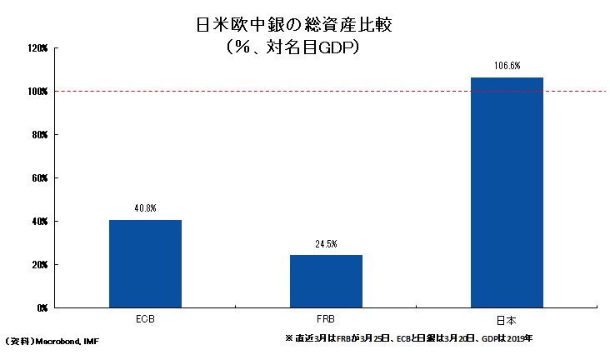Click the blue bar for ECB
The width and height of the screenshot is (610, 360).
145,264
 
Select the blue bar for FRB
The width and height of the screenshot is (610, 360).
326,282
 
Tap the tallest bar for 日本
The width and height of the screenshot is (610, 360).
507,192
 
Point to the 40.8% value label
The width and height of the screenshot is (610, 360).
146,208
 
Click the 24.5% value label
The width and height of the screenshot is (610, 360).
326,244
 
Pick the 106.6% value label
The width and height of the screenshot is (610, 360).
507,66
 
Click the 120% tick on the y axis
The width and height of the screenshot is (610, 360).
37,48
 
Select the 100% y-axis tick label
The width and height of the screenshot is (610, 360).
37,92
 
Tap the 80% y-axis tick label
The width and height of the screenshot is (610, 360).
40,135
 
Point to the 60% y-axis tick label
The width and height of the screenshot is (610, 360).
40,177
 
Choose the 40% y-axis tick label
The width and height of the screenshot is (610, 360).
40,222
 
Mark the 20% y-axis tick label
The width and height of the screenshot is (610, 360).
40,265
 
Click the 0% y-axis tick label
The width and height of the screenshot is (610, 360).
42,307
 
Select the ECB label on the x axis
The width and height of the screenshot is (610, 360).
146,319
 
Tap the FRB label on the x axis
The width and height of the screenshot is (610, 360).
326,319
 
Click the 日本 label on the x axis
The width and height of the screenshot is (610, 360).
507,320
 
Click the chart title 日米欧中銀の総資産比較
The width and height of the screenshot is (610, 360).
294,25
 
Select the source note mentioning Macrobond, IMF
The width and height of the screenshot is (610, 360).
52,342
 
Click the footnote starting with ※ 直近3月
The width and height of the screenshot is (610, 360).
409,338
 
